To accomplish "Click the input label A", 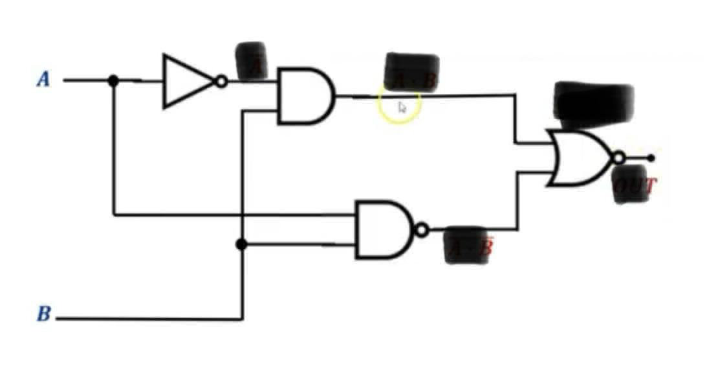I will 43,80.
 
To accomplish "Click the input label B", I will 43,314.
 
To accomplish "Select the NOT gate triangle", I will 185,81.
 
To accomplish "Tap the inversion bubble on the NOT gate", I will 221,82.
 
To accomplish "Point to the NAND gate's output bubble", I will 422,230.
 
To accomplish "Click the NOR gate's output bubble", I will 618,158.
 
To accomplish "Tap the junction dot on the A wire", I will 113,80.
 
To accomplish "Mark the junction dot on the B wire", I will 241,244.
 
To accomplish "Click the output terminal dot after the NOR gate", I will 651,157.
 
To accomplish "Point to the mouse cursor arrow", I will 402,107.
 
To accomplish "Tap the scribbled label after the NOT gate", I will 250,62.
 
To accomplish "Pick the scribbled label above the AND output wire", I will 411,71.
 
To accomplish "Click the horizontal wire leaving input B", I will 149,319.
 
